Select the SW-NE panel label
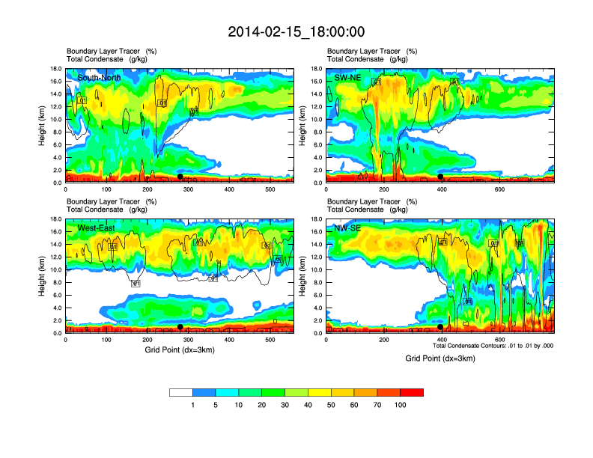click(x=348, y=77)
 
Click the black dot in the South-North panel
click(x=180, y=177)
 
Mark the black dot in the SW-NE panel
click(x=441, y=177)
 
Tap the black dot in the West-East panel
click(x=180, y=327)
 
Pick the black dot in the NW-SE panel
click(x=440, y=327)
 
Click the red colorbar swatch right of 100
click(x=412, y=392)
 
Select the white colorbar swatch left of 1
click(x=181, y=392)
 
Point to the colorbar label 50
click(x=331, y=405)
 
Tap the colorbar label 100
click(x=401, y=405)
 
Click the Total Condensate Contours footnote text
click(x=492, y=346)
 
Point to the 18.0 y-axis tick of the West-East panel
click(x=55, y=219)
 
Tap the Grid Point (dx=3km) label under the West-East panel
click(x=180, y=350)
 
